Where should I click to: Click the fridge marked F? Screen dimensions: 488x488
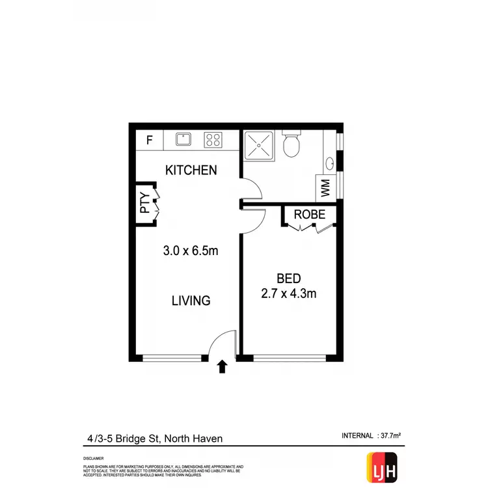(150, 139)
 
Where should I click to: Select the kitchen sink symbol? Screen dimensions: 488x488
(183, 139)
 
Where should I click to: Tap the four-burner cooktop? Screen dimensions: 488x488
(213, 139)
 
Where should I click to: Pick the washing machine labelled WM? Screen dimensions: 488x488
(325, 189)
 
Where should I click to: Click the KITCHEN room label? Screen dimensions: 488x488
(191, 170)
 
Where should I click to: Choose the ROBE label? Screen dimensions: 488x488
(309, 215)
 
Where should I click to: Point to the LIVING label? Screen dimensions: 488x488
(191, 301)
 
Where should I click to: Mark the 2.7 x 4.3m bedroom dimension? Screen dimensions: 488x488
(289, 293)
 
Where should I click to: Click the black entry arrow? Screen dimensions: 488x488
(222, 367)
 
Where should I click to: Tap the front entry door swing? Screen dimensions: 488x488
(223, 343)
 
